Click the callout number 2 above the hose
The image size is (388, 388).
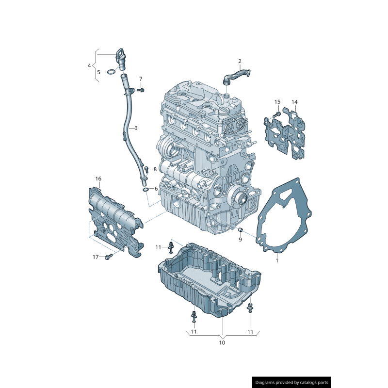240,61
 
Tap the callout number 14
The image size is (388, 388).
294,102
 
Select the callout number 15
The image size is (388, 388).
277,102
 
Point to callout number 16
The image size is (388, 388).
98,179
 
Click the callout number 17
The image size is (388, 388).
96,257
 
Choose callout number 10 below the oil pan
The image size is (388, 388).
222,342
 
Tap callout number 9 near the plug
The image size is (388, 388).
240,239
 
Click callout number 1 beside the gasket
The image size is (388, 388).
277,260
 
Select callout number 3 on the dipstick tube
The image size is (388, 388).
136,128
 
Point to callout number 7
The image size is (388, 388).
141,79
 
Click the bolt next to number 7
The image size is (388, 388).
141,90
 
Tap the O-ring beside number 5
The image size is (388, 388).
111,72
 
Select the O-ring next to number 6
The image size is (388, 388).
145,189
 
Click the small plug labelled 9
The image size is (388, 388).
239,229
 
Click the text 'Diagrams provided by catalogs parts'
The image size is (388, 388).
292,383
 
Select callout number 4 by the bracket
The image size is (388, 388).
89,65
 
